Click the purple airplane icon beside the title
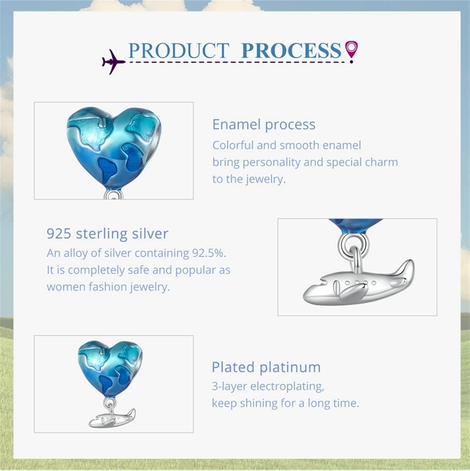113,61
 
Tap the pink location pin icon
351,51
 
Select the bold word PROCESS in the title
291,50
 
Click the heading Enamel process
264,125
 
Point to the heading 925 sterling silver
107,234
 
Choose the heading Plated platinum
266,367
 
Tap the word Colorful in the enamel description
233,145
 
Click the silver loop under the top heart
113,194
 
